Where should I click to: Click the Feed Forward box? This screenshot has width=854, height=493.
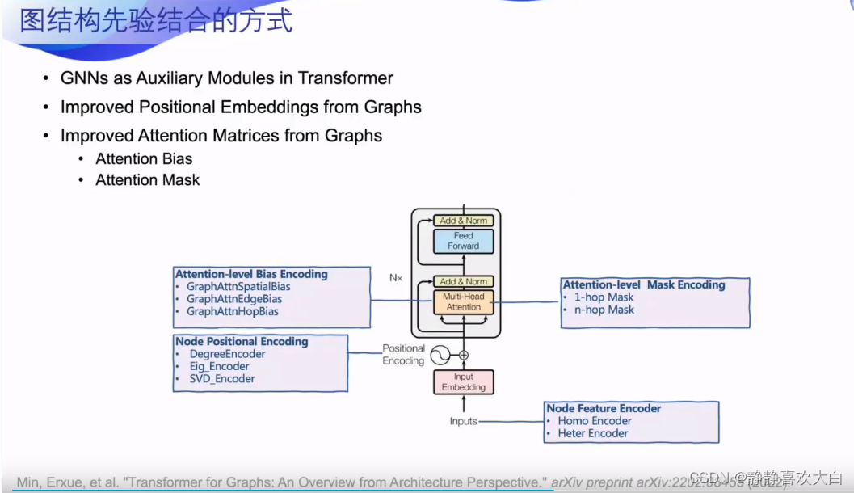tap(463, 241)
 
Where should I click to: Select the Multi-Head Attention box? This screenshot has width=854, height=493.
tap(463, 301)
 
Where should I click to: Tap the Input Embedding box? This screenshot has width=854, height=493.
tap(463, 382)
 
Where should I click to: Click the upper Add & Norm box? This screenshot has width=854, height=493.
tap(463, 221)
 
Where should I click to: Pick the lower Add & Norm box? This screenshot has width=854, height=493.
tap(463, 281)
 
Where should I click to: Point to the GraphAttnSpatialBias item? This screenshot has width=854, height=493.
tap(238, 286)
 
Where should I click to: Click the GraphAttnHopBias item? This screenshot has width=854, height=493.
tap(232, 311)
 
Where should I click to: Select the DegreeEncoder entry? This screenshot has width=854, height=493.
tap(227, 354)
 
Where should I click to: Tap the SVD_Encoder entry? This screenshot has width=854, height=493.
tap(222, 378)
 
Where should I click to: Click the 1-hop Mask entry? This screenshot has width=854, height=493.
tap(604, 297)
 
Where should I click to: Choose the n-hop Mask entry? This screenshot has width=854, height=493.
tap(604, 310)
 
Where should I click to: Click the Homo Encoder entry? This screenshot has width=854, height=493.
tap(595, 421)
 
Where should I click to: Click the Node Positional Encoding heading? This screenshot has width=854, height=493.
tap(242, 342)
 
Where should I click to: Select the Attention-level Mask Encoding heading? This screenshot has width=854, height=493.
tap(644, 284)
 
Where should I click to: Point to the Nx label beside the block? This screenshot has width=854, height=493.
tap(396, 277)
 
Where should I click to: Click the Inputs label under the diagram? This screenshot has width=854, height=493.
tap(463, 421)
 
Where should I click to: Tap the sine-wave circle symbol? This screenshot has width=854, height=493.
tap(440, 355)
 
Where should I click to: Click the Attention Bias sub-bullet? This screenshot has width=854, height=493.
tap(144, 158)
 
